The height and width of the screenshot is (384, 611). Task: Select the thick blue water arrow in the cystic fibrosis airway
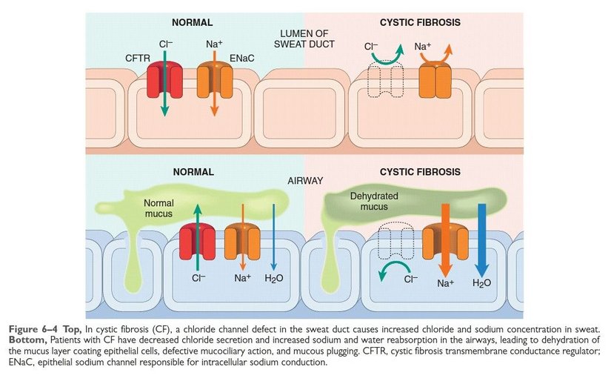483,238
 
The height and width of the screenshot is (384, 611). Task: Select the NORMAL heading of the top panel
194,23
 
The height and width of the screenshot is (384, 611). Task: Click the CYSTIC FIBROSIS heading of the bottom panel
420,172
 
